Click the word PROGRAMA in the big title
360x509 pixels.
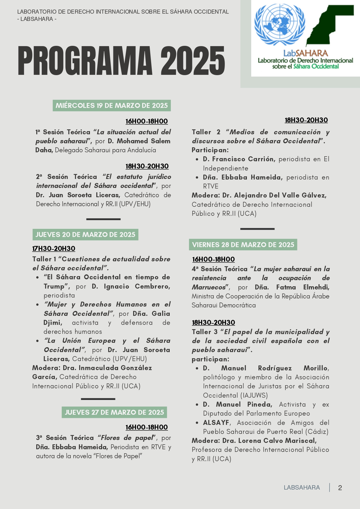[x=85, y=61]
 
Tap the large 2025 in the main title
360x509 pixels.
[x=193, y=61]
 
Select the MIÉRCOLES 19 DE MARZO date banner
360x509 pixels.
[x=112, y=106]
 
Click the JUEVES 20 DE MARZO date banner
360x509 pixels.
[x=85, y=235]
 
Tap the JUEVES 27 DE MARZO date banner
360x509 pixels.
[x=114, y=412]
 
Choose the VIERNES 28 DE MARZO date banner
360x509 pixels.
[x=243, y=245]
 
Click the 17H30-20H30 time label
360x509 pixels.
[x=54, y=249]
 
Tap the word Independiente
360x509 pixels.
[x=226, y=168]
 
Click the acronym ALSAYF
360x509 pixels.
[x=216, y=423]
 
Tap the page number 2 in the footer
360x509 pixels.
[x=340, y=488]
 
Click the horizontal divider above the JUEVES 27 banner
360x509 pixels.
[x=98, y=399]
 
